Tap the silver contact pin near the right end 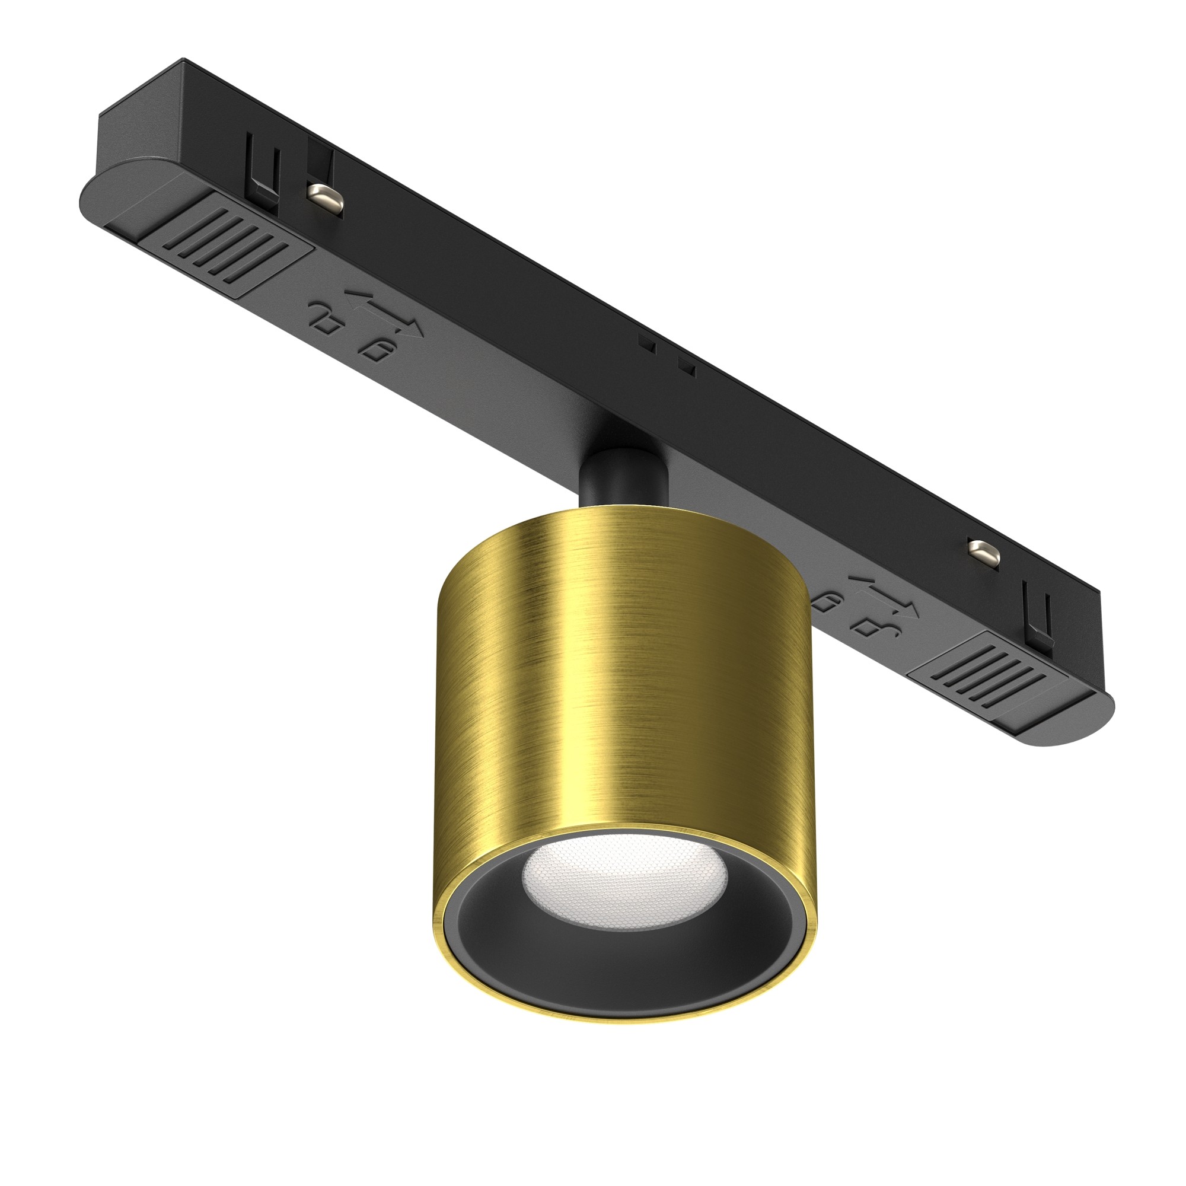click(983, 551)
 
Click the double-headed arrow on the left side click(385, 312)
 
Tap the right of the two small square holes click(685, 366)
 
